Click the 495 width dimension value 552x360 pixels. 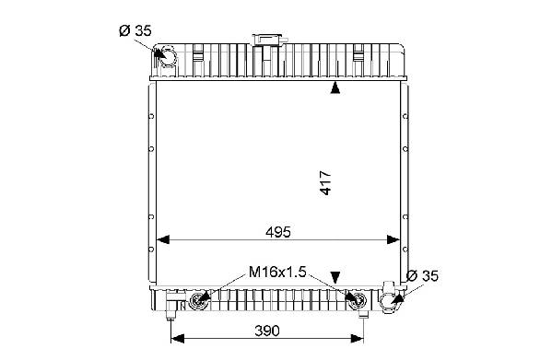click(278, 232)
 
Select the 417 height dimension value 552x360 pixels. click(326, 183)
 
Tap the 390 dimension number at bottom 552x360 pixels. click(267, 331)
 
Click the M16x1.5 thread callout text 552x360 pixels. click(277, 272)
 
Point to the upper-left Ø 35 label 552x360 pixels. click(135, 31)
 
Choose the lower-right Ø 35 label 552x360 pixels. click(422, 276)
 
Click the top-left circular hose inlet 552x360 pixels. click(167, 56)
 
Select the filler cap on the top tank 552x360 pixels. click(270, 39)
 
